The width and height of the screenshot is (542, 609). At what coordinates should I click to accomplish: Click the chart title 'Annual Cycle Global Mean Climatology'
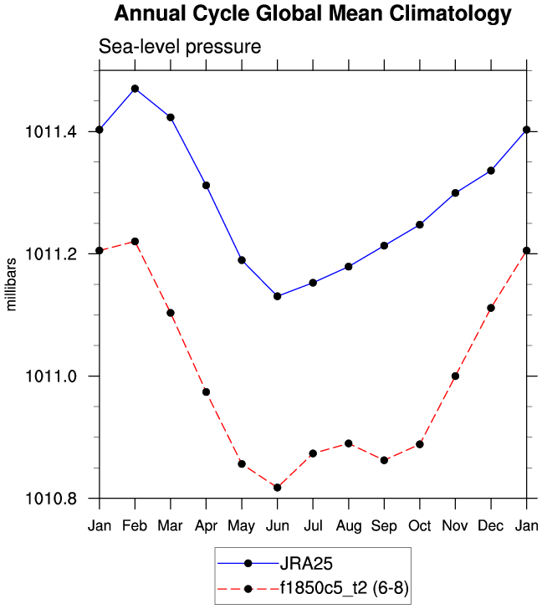(312, 14)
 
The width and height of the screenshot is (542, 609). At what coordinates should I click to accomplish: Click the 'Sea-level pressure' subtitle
(181, 48)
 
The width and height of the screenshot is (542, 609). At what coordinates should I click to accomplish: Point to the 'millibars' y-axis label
(12, 284)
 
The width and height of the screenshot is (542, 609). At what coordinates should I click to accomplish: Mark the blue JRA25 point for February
(135, 89)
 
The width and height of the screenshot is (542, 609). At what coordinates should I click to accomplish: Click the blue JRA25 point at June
(277, 296)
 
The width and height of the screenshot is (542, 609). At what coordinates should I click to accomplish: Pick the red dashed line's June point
(277, 488)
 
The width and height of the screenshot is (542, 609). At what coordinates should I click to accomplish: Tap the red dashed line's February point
(135, 242)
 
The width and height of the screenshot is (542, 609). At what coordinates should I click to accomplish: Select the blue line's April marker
(206, 185)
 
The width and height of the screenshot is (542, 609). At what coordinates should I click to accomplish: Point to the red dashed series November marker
(455, 376)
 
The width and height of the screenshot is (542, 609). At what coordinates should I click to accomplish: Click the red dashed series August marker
(348, 443)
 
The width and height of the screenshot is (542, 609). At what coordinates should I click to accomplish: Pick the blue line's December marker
(491, 171)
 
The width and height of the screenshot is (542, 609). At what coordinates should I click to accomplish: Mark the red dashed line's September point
(384, 460)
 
